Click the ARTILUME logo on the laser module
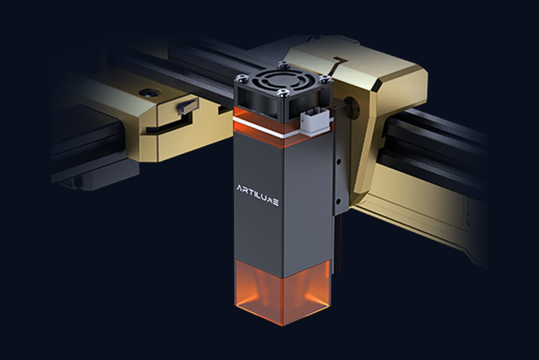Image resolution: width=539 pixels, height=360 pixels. (x=257, y=195)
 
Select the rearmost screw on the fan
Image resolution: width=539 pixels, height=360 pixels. (x=283, y=63)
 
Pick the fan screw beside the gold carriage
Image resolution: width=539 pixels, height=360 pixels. (x=323, y=79)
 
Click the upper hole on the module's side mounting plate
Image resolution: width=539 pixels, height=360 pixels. (x=339, y=161)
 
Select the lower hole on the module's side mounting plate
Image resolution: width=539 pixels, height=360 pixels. (x=339, y=201)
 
